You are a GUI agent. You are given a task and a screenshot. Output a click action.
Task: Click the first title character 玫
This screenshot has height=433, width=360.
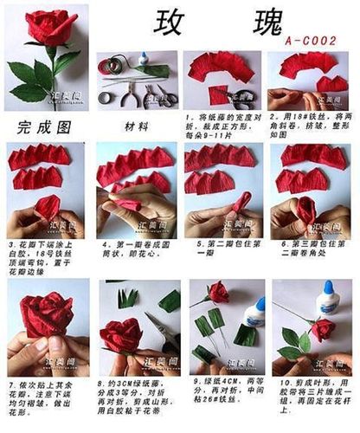(173, 23)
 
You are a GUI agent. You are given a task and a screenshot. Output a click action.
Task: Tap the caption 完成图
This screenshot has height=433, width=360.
(40, 126)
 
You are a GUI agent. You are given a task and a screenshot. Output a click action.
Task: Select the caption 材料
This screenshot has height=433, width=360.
(136, 126)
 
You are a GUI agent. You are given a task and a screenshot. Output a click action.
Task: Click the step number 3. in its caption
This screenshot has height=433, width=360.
(11, 245)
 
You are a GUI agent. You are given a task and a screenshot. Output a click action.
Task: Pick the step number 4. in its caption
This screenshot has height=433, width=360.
(102, 245)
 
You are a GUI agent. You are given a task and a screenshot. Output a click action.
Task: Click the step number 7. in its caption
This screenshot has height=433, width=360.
(10, 383)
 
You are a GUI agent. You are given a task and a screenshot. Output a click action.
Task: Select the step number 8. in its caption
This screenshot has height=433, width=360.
(101, 381)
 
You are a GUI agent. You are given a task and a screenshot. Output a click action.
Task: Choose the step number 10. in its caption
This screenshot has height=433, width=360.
(277, 381)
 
